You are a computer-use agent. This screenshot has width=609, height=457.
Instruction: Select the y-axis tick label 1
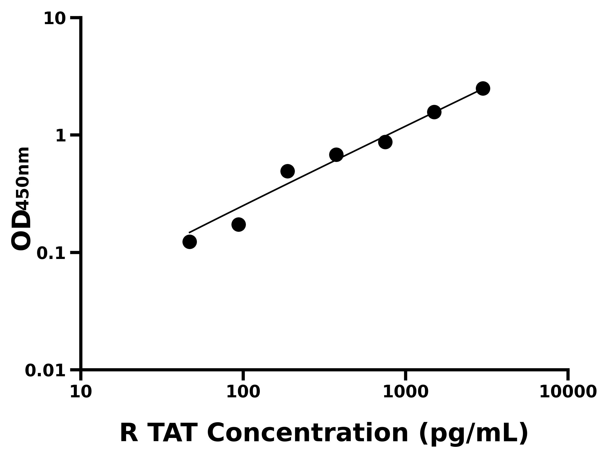tap(61, 136)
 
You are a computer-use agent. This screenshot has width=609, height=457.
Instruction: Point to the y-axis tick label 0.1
tap(51, 253)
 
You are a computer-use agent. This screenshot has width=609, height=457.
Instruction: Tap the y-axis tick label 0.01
tap(45, 370)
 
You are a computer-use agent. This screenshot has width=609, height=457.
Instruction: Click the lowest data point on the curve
tap(189, 242)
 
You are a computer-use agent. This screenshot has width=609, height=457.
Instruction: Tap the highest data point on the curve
tap(483, 88)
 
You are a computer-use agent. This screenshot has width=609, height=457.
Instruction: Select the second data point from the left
tap(239, 224)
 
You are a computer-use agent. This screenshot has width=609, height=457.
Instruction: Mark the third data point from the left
tap(287, 171)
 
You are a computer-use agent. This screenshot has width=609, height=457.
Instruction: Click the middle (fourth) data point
tap(336, 155)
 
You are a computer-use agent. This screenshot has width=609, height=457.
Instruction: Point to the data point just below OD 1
tap(385, 142)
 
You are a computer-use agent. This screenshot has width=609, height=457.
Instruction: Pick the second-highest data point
tap(434, 112)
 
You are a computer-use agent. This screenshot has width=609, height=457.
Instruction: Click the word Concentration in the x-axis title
tap(308, 433)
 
